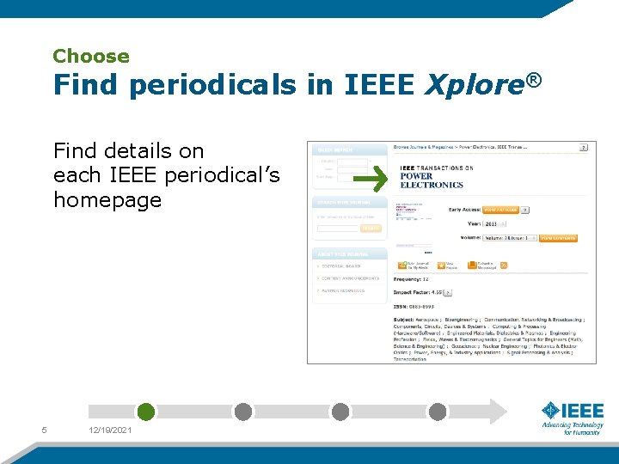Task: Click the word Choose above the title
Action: point(90,57)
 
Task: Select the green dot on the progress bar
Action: point(146,412)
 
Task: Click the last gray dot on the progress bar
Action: point(438,412)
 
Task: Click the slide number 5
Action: point(44,430)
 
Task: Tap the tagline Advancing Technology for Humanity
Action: point(572,428)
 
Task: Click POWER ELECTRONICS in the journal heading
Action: point(431,180)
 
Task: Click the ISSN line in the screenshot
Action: point(414,307)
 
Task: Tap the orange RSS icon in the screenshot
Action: point(504,265)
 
